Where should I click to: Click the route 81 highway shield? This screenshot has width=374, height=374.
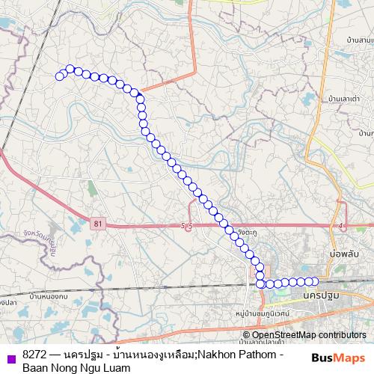click(97, 223)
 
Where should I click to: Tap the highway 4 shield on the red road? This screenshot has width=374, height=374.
click(340, 224)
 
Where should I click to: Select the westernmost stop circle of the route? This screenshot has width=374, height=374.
click(60, 76)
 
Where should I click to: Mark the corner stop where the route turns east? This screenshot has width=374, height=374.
click(261, 283)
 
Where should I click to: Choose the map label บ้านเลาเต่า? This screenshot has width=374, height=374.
click(345, 98)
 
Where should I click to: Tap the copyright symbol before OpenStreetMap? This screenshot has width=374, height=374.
click(247, 335)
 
